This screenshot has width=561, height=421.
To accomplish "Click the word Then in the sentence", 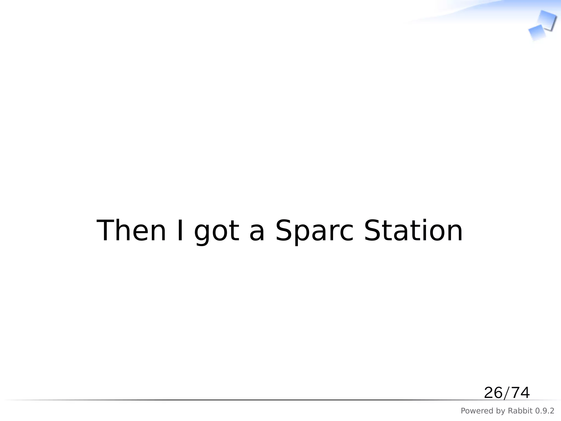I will pyautogui.click(x=131, y=231).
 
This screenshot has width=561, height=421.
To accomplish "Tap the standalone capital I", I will pyautogui.click(x=180, y=231).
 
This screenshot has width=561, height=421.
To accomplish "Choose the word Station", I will pyautogui.click(x=413, y=231).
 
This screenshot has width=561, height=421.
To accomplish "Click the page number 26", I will pyautogui.click(x=493, y=393).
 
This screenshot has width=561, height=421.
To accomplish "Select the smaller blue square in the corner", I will pyautogui.click(x=537, y=33).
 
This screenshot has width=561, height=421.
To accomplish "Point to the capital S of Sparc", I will pyautogui.click(x=284, y=231).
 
